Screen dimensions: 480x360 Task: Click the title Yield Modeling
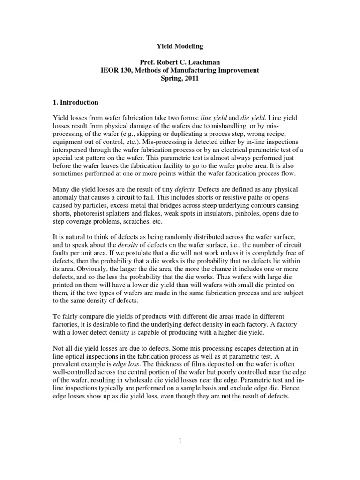coord(180,47)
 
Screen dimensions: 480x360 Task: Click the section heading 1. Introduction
coord(76,102)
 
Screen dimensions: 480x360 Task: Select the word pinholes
coord(240,206)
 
